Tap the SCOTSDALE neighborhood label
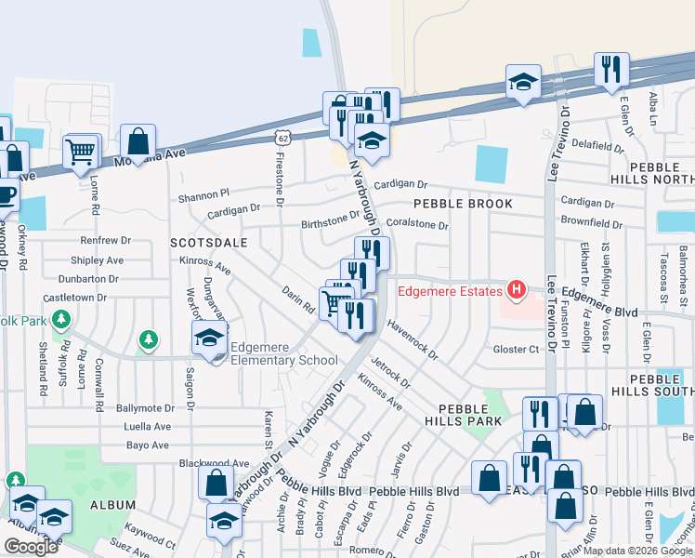209,242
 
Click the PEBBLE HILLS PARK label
464,415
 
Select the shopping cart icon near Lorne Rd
82,151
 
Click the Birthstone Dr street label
330,221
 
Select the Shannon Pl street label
203,195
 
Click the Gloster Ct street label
517,349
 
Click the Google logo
30,547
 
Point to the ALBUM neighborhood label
113,504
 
